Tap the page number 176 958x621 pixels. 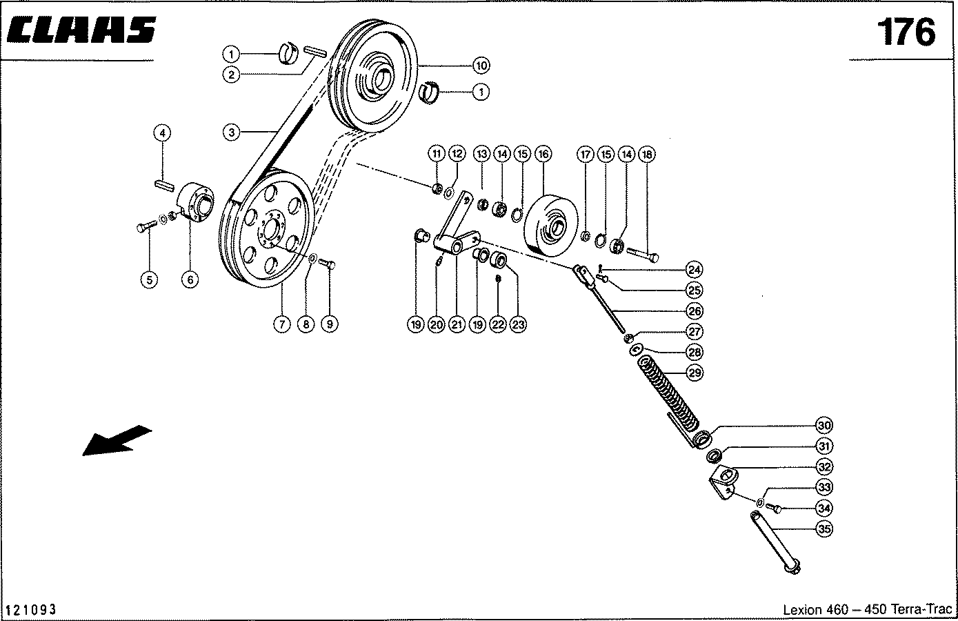point(906,32)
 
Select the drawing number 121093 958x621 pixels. point(31,610)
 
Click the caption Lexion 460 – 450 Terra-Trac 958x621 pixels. point(867,610)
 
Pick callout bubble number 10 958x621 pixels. point(481,66)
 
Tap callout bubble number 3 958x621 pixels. point(232,132)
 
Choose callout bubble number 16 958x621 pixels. point(543,154)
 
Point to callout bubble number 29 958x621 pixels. point(695,373)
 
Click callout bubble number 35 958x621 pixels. point(824,529)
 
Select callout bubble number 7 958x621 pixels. point(281,324)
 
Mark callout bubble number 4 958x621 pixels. point(162,132)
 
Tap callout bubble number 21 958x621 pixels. point(456,324)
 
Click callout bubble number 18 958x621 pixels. point(647,154)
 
